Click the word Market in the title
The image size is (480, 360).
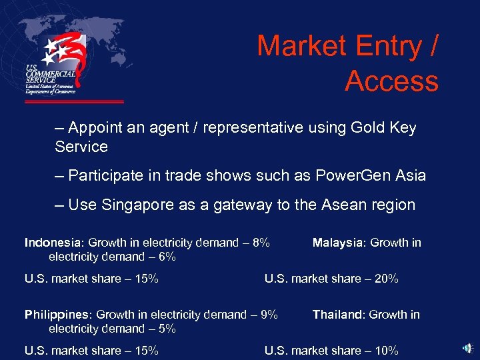point(304,47)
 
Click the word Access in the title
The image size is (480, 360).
point(391,81)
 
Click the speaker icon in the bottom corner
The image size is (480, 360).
point(469,347)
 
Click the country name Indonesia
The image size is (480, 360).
point(53,243)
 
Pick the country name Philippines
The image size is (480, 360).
point(56,315)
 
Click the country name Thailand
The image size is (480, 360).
point(339,315)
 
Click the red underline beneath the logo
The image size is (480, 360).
point(74,102)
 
